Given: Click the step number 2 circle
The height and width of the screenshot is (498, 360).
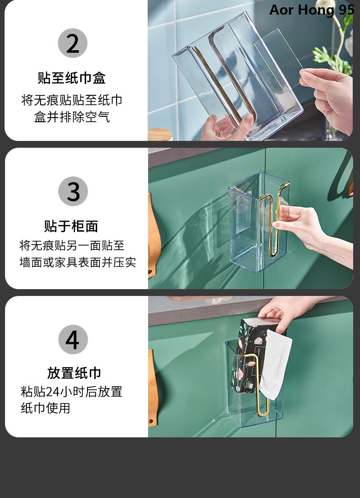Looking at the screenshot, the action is [73, 43].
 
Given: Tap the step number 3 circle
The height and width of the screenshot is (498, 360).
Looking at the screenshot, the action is [73, 191].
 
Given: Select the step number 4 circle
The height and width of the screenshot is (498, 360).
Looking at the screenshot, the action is [73, 339].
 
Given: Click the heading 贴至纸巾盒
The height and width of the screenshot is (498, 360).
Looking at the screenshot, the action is [72, 78].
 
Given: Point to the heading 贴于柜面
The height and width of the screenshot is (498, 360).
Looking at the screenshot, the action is [71, 226].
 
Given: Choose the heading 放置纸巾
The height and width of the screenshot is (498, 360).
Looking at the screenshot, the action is [74, 373].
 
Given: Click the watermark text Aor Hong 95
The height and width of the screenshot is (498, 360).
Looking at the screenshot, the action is [312, 10].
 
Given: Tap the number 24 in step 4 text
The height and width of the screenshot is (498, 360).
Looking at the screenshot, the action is [53, 392].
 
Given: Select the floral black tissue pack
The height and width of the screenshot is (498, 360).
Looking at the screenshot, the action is [247, 356].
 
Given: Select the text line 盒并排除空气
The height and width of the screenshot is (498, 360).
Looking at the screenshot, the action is [72, 117].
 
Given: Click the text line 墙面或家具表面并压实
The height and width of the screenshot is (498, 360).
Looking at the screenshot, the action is [78, 262].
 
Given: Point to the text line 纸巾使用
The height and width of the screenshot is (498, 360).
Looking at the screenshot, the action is [46, 408].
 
